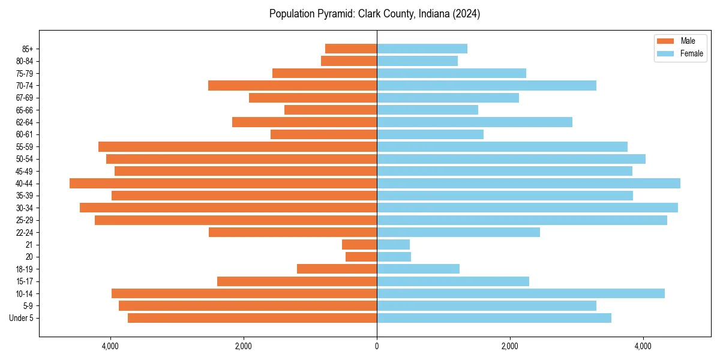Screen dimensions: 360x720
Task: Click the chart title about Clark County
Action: pos(374,14)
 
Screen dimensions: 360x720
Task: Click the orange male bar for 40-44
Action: pos(223,183)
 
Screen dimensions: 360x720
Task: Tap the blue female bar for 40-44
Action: pos(528,183)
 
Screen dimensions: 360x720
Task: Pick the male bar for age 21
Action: pos(359,244)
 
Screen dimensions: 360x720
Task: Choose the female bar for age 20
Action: pos(394,257)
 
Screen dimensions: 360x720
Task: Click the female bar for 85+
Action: pos(422,49)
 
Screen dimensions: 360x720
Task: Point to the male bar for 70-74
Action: pos(292,85)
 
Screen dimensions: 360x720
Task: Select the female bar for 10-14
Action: pos(520,293)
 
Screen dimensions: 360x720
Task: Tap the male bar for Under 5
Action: pos(252,318)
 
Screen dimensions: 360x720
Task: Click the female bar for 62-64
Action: pos(474,122)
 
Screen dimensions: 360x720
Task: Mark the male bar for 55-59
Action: pos(238,146)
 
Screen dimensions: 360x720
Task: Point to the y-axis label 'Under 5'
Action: pos(21,318)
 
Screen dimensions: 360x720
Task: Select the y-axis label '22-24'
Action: pos(24,232)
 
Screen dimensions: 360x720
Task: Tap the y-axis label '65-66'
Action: pos(24,110)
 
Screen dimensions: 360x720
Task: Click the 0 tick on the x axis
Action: pos(377,346)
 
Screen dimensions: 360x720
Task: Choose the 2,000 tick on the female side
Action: pos(510,346)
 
